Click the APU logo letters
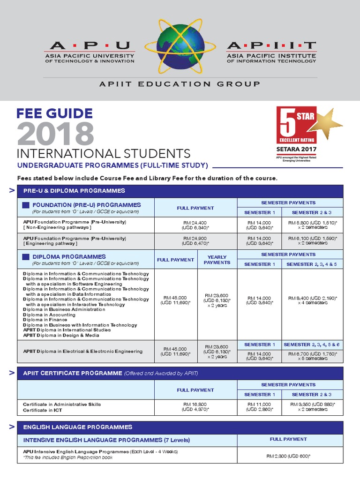point(90,45)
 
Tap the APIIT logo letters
point(271,45)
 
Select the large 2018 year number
point(55,134)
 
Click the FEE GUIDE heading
point(54,113)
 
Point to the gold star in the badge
point(329,123)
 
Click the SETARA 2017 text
point(296,150)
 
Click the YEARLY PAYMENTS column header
point(217,260)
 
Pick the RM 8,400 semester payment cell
point(313,300)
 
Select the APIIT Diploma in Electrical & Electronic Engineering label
point(82,351)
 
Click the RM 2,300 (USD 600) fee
point(288,455)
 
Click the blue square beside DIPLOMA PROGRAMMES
point(26,257)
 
